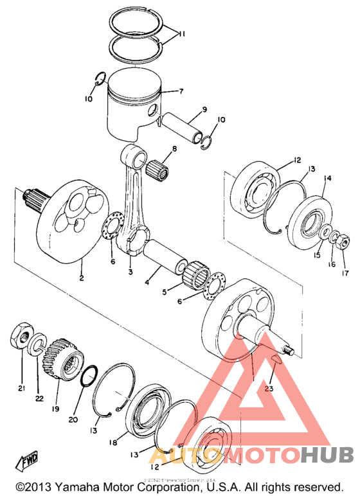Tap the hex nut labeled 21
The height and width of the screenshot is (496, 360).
tap(21, 336)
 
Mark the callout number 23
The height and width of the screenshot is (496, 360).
tap(268, 388)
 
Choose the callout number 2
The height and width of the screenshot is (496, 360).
tap(82, 278)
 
